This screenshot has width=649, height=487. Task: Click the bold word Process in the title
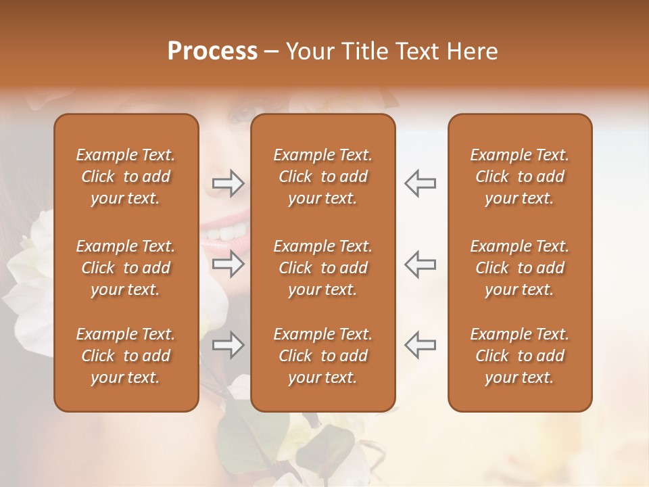coord(212,51)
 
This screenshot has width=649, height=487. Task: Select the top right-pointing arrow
coord(228,183)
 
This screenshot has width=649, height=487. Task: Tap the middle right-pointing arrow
coord(228,264)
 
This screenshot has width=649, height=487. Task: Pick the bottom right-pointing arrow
coord(228,345)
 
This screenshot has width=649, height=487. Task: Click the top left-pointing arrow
coord(420,183)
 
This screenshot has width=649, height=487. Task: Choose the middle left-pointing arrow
coord(420,264)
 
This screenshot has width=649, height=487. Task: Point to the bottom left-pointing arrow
coord(420,345)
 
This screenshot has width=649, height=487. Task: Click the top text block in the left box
coord(126,177)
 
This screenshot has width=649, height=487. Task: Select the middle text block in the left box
coord(126,268)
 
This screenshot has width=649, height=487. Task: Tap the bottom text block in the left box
coord(126,356)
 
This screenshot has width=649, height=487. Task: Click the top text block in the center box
coord(322,177)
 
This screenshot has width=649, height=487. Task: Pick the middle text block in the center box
coord(322,268)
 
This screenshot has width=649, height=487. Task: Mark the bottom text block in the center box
coord(322,356)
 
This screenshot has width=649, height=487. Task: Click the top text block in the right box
coord(519,177)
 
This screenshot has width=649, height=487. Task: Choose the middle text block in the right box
coord(519,268)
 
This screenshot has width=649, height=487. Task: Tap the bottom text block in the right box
coord(519,356)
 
